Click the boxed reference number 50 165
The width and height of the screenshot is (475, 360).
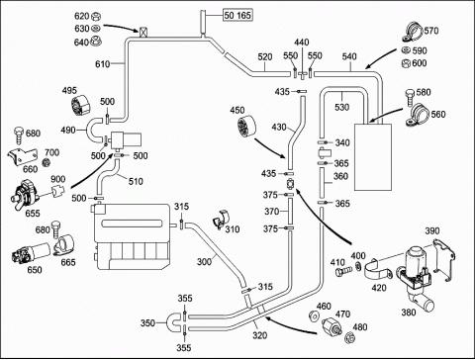(x=237, y=15)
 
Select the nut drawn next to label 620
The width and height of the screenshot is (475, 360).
(x=96, y=16)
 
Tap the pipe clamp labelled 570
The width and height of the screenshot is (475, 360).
(x=413, y=33)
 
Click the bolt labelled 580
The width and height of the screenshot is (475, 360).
(x=411, y=96)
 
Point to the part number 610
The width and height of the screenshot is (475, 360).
(x=103, y=64)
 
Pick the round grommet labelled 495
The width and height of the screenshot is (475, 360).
(x=80, y=105)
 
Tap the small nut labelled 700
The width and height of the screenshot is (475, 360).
(x=47, y=162)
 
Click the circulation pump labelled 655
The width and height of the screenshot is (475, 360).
(x=24, y=194)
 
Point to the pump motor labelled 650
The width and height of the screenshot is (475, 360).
(x=31, y=252)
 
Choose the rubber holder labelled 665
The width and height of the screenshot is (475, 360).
(x=64, y=245)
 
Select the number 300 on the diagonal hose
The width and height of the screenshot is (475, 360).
(x=204, y=262)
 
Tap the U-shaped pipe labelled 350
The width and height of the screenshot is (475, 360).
(x=173, y=323)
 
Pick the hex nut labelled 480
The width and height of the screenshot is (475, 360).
(x=349, y=337)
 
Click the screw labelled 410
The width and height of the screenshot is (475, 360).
(x=343, y=271)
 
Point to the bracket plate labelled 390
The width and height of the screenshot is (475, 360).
(x=444, y=260)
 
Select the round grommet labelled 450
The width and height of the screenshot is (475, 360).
(x=246, y=126)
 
